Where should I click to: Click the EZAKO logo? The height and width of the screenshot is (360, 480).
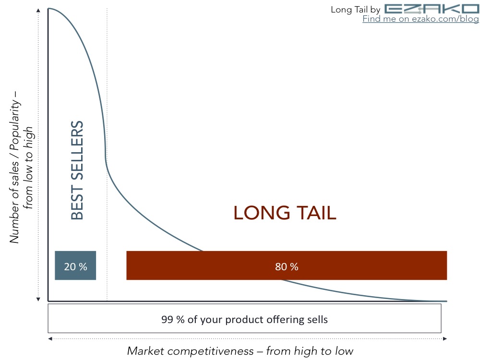pos(432,9)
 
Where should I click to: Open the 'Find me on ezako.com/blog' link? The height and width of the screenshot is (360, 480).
pos(420,19)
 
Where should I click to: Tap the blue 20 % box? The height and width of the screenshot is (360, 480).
pos(75,265)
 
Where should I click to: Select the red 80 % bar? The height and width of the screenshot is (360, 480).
pos(287,265)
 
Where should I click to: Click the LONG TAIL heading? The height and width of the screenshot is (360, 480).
pos(285,213)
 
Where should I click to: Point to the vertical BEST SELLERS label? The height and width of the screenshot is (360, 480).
pos(77,170)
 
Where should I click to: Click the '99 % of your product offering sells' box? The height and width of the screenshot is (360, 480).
pos(245,318)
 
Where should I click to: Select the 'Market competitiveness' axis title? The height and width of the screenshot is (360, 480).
pos(240,351)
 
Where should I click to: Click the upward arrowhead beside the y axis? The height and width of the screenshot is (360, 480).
pos(38,11)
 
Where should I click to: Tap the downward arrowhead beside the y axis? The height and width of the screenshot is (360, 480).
pos(38,299)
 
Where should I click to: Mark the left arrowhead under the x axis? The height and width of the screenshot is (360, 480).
pos(50,338)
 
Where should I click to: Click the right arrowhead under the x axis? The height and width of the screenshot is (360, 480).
pos(445,338)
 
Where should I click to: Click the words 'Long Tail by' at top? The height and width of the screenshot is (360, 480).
pos(355,10)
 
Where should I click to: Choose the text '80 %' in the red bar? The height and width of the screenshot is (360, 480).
pos(287,266)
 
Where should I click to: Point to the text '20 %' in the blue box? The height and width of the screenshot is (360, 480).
pos(75,266)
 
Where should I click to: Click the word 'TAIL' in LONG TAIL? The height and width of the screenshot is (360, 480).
pos(317,213)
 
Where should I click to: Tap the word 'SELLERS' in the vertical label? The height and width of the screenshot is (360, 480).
pos(77,150)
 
